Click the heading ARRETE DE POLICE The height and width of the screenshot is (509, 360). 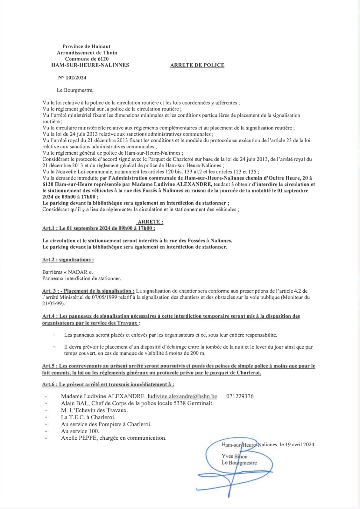197,65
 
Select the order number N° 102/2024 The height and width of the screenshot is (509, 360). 72,78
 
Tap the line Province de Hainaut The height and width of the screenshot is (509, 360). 87,46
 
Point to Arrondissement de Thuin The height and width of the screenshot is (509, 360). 87,53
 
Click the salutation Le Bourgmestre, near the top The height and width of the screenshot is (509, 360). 75,90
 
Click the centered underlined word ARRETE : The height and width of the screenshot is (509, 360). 150,222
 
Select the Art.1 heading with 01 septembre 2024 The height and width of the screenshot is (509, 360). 99,228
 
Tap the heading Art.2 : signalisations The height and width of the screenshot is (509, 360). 68,260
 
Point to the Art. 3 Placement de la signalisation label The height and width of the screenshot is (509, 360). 88,291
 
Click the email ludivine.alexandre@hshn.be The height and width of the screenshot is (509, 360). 182,396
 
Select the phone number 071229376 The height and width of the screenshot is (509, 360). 240,396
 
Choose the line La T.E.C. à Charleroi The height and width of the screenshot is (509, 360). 88,417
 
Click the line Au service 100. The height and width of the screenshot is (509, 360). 80,431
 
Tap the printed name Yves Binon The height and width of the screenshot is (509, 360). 235,457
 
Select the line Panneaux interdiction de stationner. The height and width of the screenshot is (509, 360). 81,278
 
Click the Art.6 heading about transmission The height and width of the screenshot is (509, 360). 108,384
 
